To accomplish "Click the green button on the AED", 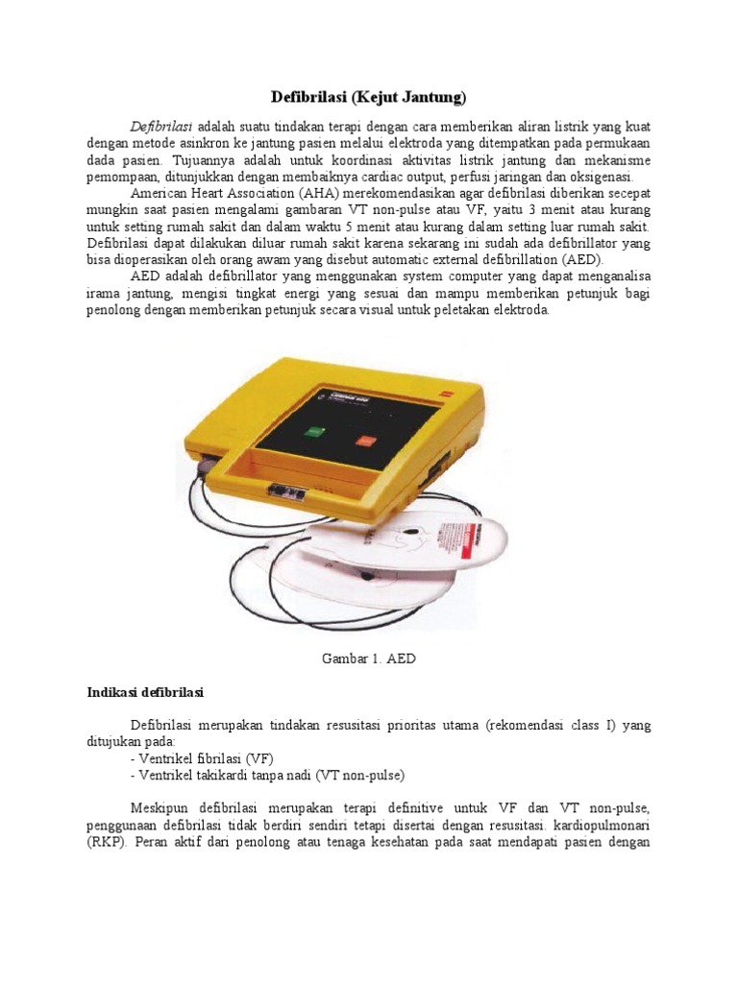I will point(314,432).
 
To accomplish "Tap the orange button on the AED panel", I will point(366,441).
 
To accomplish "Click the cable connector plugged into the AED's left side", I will point(202,465).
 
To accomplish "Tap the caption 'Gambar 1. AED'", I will point(368,659).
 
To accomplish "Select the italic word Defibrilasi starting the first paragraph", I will point(161,127).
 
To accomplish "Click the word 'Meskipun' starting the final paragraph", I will point(161,808).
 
